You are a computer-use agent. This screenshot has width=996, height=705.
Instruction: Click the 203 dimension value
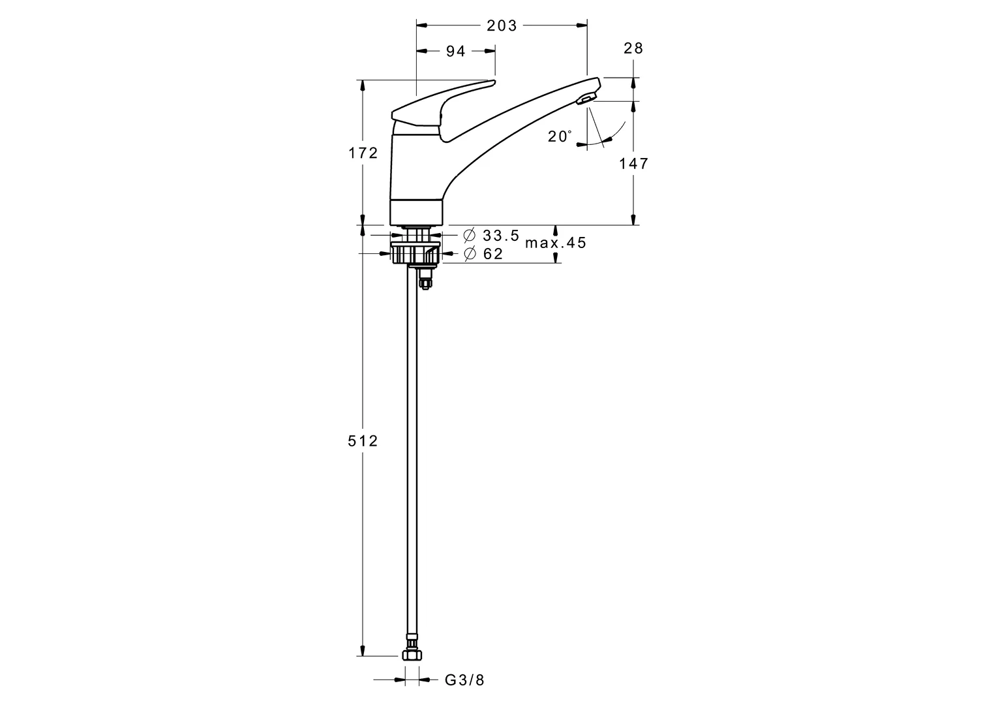pos(502,25)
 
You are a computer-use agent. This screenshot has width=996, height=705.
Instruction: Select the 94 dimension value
pos(456,51)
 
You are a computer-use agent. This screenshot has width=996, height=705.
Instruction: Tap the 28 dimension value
pos(633,48)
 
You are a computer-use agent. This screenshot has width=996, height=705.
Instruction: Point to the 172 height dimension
pos(363,153)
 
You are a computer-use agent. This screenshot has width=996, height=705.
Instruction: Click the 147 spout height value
pos(633,163)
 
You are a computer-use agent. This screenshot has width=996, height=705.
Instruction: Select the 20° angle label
pos(560,136)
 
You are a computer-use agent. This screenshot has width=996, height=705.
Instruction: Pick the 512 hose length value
pos(363,441)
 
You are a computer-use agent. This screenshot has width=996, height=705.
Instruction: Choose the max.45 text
pos(556,243)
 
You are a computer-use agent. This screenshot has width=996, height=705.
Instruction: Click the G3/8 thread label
pos(464,680)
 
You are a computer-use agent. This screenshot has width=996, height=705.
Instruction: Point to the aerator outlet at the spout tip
pos(585,99)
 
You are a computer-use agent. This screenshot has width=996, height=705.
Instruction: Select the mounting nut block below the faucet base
pos(415,253)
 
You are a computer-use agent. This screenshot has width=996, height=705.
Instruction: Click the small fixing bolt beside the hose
pos(426,281)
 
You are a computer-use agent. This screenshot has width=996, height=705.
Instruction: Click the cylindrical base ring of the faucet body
pos(416,212)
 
